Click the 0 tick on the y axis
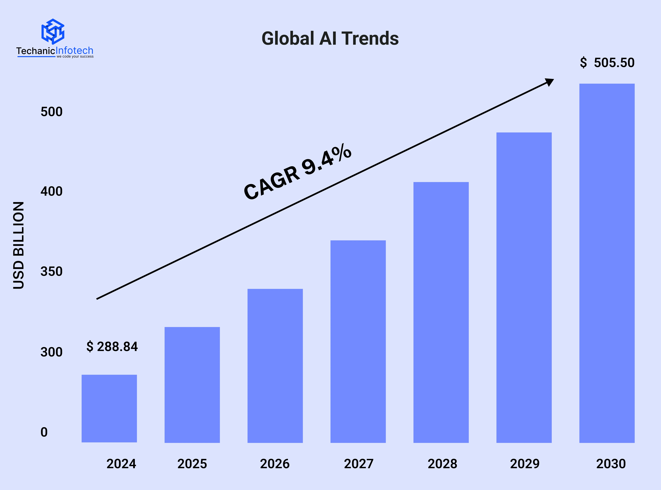pos(44,432)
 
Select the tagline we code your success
pos(75,56)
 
